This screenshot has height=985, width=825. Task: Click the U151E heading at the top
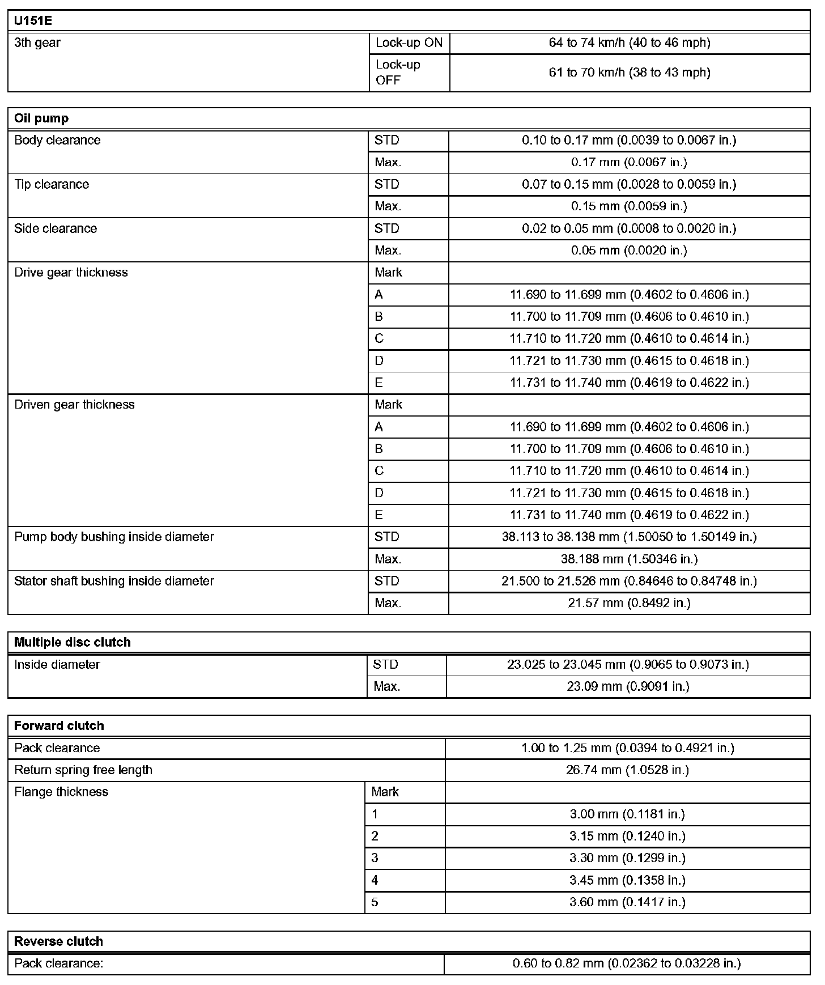[33, 20]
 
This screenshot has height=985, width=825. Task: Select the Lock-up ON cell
[409, 43]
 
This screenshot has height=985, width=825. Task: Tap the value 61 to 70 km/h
[629, 73]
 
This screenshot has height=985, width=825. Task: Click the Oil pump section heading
[41, 118]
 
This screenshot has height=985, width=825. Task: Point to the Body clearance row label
[57, 140]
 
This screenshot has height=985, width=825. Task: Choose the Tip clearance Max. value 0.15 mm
[629, 206]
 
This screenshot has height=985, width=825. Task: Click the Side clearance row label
[56, 228]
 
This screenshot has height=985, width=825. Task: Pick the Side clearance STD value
[629, 228]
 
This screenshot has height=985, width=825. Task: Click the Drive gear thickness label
[71, 273]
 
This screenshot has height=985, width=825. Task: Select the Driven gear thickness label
[74, 405]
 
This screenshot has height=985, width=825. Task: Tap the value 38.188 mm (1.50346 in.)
[629, 559]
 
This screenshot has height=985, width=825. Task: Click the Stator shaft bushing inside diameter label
[114, 581]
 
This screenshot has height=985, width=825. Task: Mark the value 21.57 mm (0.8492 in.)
[629, 603]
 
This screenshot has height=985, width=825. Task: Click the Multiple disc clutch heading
[72, 642]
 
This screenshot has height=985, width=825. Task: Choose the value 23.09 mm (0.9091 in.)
[628, 687]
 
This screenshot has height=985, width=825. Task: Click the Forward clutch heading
[59, 726]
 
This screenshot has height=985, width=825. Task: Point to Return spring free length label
[83, 770]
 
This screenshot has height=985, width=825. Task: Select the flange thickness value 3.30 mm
[627, 858]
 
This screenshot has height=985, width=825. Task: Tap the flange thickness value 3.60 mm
[627, 902]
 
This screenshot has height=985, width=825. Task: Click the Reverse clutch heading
[58, 941]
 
